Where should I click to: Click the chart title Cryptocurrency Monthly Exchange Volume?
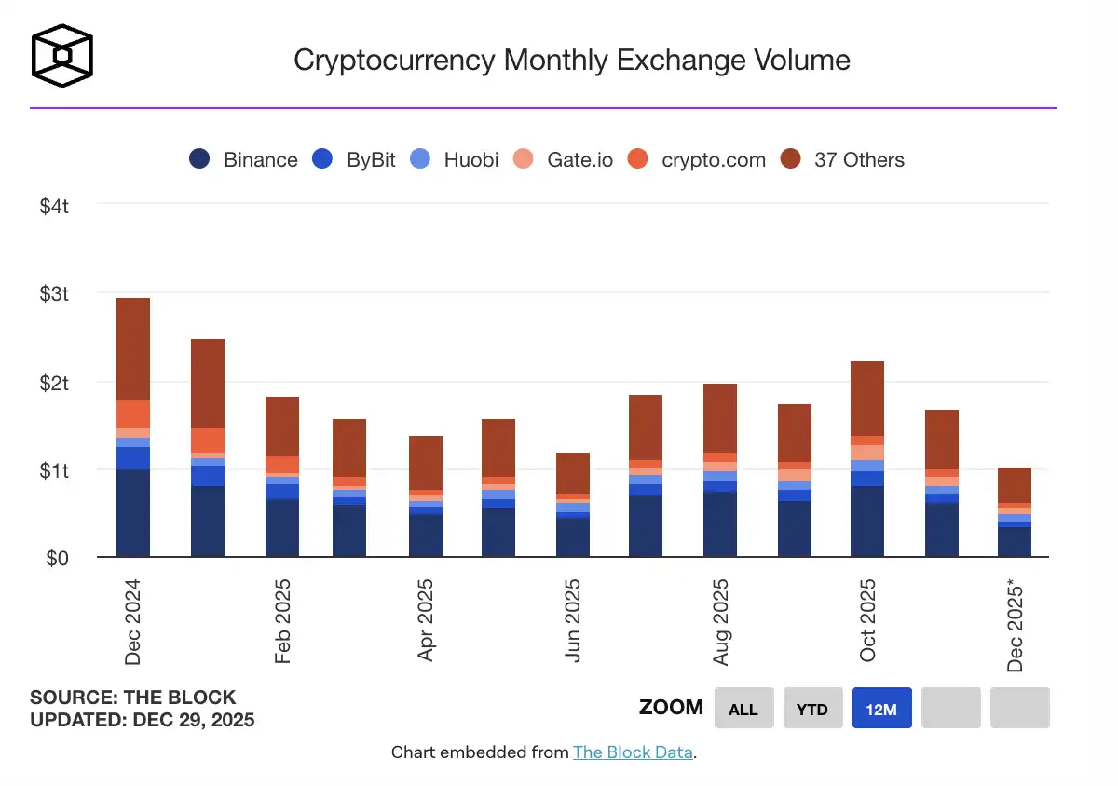click(x=571, y=61)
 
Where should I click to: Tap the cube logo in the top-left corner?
click(x=62, y=56)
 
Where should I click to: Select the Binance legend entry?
click(x=243, y=159)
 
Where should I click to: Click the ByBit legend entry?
click(x=354, y=159)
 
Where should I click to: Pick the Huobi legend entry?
click(x=455, y=159)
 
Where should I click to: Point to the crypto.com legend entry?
click(x=697, y=159)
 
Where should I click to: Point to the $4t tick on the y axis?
click(x=54, y=206)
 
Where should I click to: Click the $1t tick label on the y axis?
click(x=54, y=470)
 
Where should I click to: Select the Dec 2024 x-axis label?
click(x=132, y=620)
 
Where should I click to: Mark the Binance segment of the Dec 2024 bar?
click(x=132, y=513)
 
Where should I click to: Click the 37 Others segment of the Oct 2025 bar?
click(x=866, y=399)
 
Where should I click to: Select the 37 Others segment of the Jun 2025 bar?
click(x=572, y=473)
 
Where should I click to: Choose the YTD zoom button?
click(x=812, y=709)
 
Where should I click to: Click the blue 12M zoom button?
click(x=881, y=709)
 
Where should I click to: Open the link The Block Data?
click(x=633, y=752)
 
